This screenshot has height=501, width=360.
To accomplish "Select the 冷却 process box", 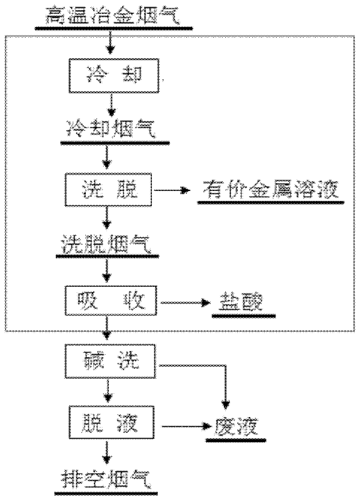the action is pyautogui.click(x=114, y=76).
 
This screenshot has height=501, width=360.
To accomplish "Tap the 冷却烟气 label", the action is pyautogui.click(x=111, y=128).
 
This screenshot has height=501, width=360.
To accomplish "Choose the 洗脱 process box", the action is pyautogui.click(x=108, y=190).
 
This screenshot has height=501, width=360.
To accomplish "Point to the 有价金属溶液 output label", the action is pyautogui.click(x=270, y=190).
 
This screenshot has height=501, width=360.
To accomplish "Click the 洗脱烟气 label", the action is pyautogui.click(x=106, y=244).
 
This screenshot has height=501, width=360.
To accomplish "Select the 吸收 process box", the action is pyautogui.click(x=111, y=301).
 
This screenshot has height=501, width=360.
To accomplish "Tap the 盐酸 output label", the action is pyautogui.click(x=241, y=301).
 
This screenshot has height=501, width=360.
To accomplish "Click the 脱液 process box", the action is pyautogui.click(x=111, y=422).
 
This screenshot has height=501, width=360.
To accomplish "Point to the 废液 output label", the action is pyautogui.click(x=236, y=426).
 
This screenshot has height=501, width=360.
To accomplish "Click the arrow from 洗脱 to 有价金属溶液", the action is pyautogui.click(x=172, y=190).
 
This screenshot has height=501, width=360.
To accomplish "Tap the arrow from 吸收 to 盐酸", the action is pyautogui.click(x=186, y=302).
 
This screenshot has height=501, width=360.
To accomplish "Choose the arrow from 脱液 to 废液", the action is pyautogui.click(x=187, y=426).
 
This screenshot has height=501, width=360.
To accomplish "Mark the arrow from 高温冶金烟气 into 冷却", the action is pyautogui.click(x=110, y=42).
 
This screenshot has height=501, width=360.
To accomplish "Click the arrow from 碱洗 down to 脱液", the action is pyautogui.click(x=108, y=391).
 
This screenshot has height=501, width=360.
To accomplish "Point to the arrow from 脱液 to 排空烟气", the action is pyautogui.click(x=107, y=452).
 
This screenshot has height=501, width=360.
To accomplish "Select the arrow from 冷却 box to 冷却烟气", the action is pyautogui.click(x=111, y=105).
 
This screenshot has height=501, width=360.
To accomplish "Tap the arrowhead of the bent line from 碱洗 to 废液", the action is pyautogui.click(x=225, y=405).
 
